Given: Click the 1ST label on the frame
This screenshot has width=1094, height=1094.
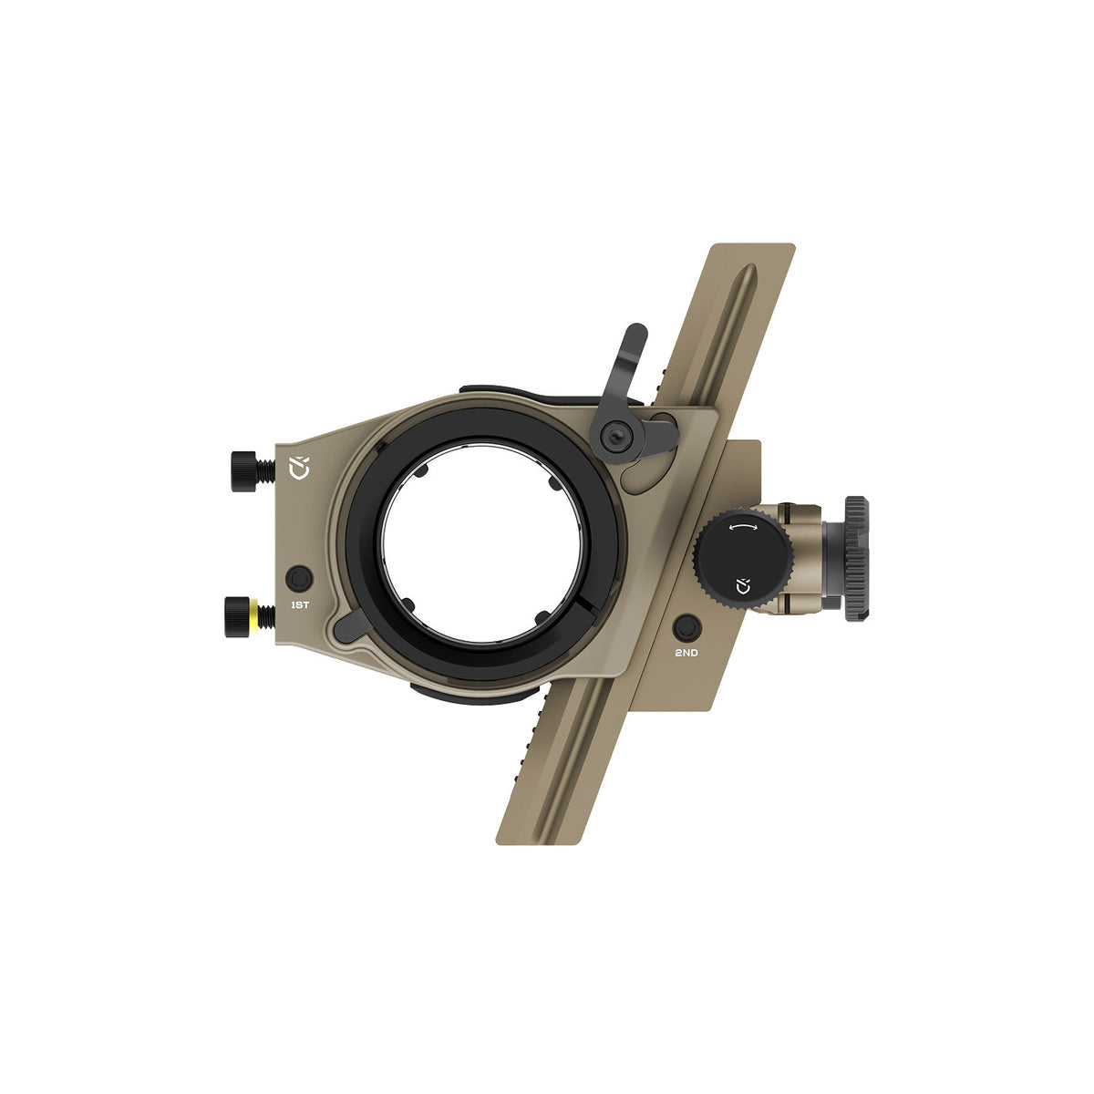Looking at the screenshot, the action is (300, 605).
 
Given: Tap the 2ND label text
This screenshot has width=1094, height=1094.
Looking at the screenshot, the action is (686, 653).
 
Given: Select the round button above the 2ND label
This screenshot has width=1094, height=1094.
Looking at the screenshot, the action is (687, 628).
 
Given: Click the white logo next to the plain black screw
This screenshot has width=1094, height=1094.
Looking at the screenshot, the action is (299, 468).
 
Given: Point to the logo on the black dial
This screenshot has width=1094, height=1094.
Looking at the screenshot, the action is (742, 585).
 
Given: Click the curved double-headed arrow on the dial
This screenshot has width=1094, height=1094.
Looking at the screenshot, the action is (744, 528).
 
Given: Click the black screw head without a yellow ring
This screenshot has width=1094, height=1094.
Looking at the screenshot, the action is (243, 470).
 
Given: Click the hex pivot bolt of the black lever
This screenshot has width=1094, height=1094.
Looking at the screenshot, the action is (616, 436).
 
